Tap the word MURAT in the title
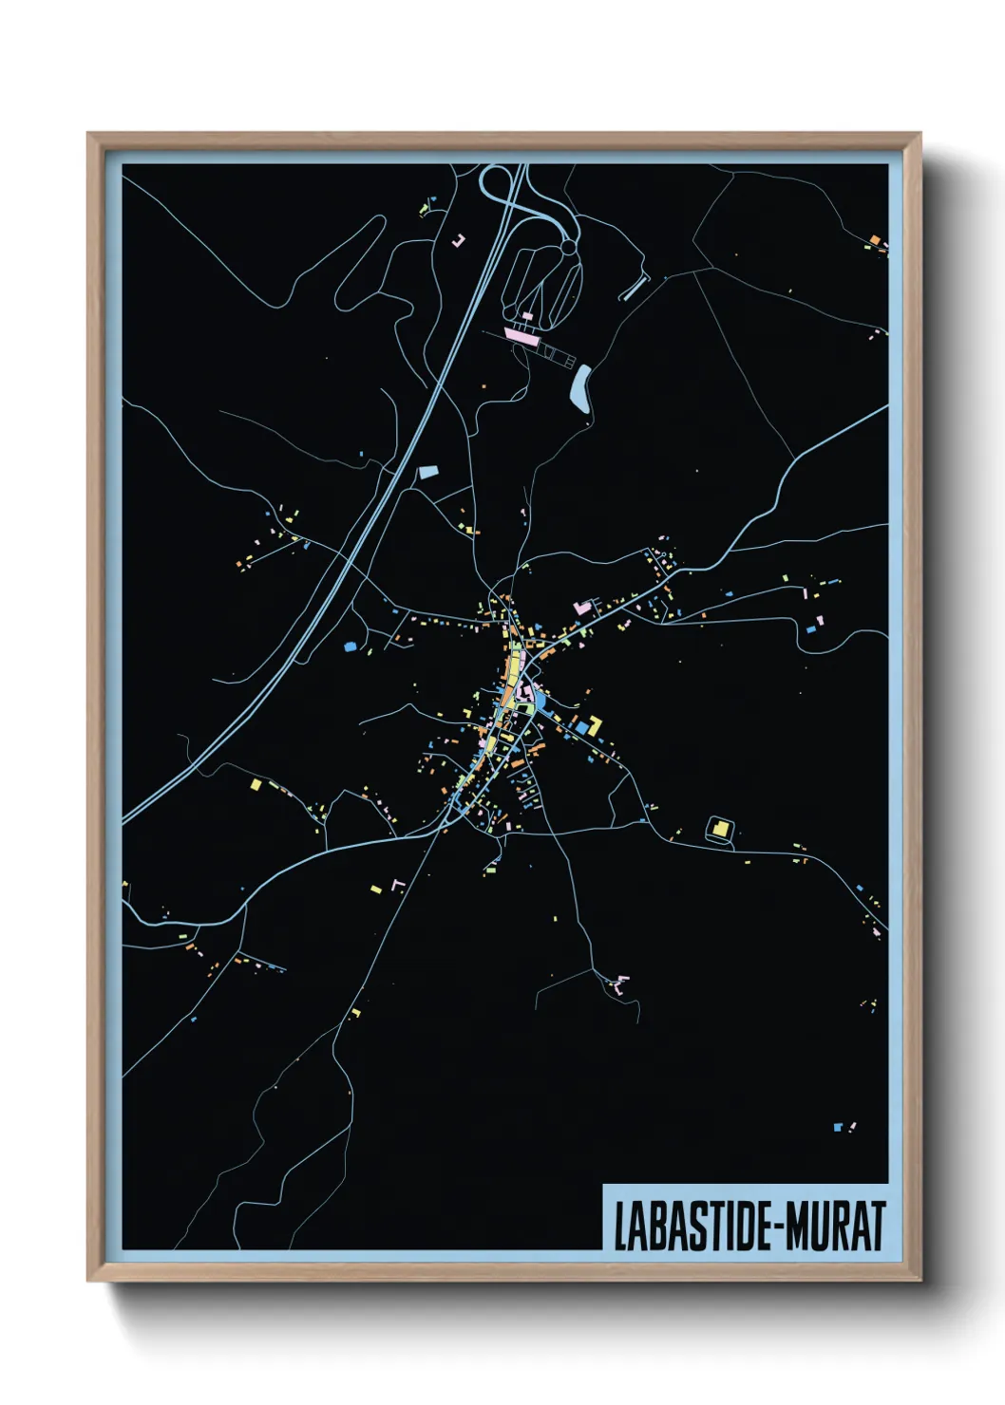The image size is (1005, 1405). click(837, 1227)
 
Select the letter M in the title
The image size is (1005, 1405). click(799, 1227)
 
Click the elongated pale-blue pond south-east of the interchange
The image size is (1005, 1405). click(580, 388)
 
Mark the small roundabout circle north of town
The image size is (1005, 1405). click(568, 248)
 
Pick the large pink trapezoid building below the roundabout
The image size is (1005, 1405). click(521, 335)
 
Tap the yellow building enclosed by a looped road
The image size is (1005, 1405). click(720, 830)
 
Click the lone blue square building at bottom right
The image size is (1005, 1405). click(837, 1127)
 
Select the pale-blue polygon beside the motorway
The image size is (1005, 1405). click(427, 471)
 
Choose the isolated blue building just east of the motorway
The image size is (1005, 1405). click(350, 646)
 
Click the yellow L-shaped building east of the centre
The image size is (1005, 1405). click(594, 725)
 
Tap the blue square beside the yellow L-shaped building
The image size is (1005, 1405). click(581, 728)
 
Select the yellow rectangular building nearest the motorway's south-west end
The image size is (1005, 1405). click(255, 785)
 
